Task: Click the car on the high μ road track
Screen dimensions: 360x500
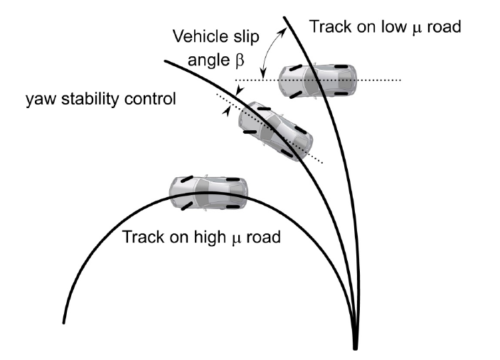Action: point(208,192)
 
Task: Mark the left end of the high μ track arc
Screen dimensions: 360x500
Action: point(64,322)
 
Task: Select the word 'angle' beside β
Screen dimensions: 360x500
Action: point(211,62)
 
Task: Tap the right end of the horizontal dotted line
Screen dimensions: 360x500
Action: point(401,80)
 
